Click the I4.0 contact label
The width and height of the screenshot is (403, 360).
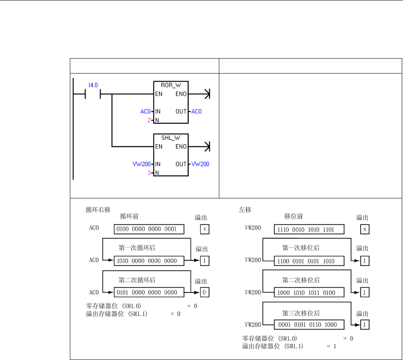pyautogui.click(x=93, y=85)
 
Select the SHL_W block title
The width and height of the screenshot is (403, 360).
pyautogui.click(x=171, y=138)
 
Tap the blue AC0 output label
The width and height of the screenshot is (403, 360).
pyautogui.click(x=196, y=112)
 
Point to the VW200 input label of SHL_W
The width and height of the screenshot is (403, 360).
pyautogui.click(x=141, y=164)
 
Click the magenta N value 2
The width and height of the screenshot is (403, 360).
pyautogui.click(x=149, y=120)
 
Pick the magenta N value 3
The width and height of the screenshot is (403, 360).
pyautogui.click(x=149, y=173)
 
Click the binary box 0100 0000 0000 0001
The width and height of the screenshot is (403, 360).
pyautogui.click(x=149, y=229)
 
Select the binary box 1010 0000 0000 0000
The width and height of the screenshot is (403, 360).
pyautogui.click(x=149, y=261)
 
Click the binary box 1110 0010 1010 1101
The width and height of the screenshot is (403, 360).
pyautogui.click(x=309, y=229)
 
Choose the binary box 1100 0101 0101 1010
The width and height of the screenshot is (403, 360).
pyautogui.click(x=309, y=261)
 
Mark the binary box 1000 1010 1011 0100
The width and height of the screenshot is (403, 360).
pyautogui.click(x=309, y=293)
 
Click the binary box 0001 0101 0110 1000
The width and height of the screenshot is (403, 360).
pyautogui.click(x=309, y=324)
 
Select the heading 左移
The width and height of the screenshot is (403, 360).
pyautogui.click(x=244, y=210)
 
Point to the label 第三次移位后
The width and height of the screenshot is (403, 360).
pyautogui.click(x=301, y=312)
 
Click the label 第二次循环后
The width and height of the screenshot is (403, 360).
pyautogui.click(x=137, y=280)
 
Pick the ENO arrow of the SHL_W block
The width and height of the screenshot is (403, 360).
pyautogui.click(x=206, y=147)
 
